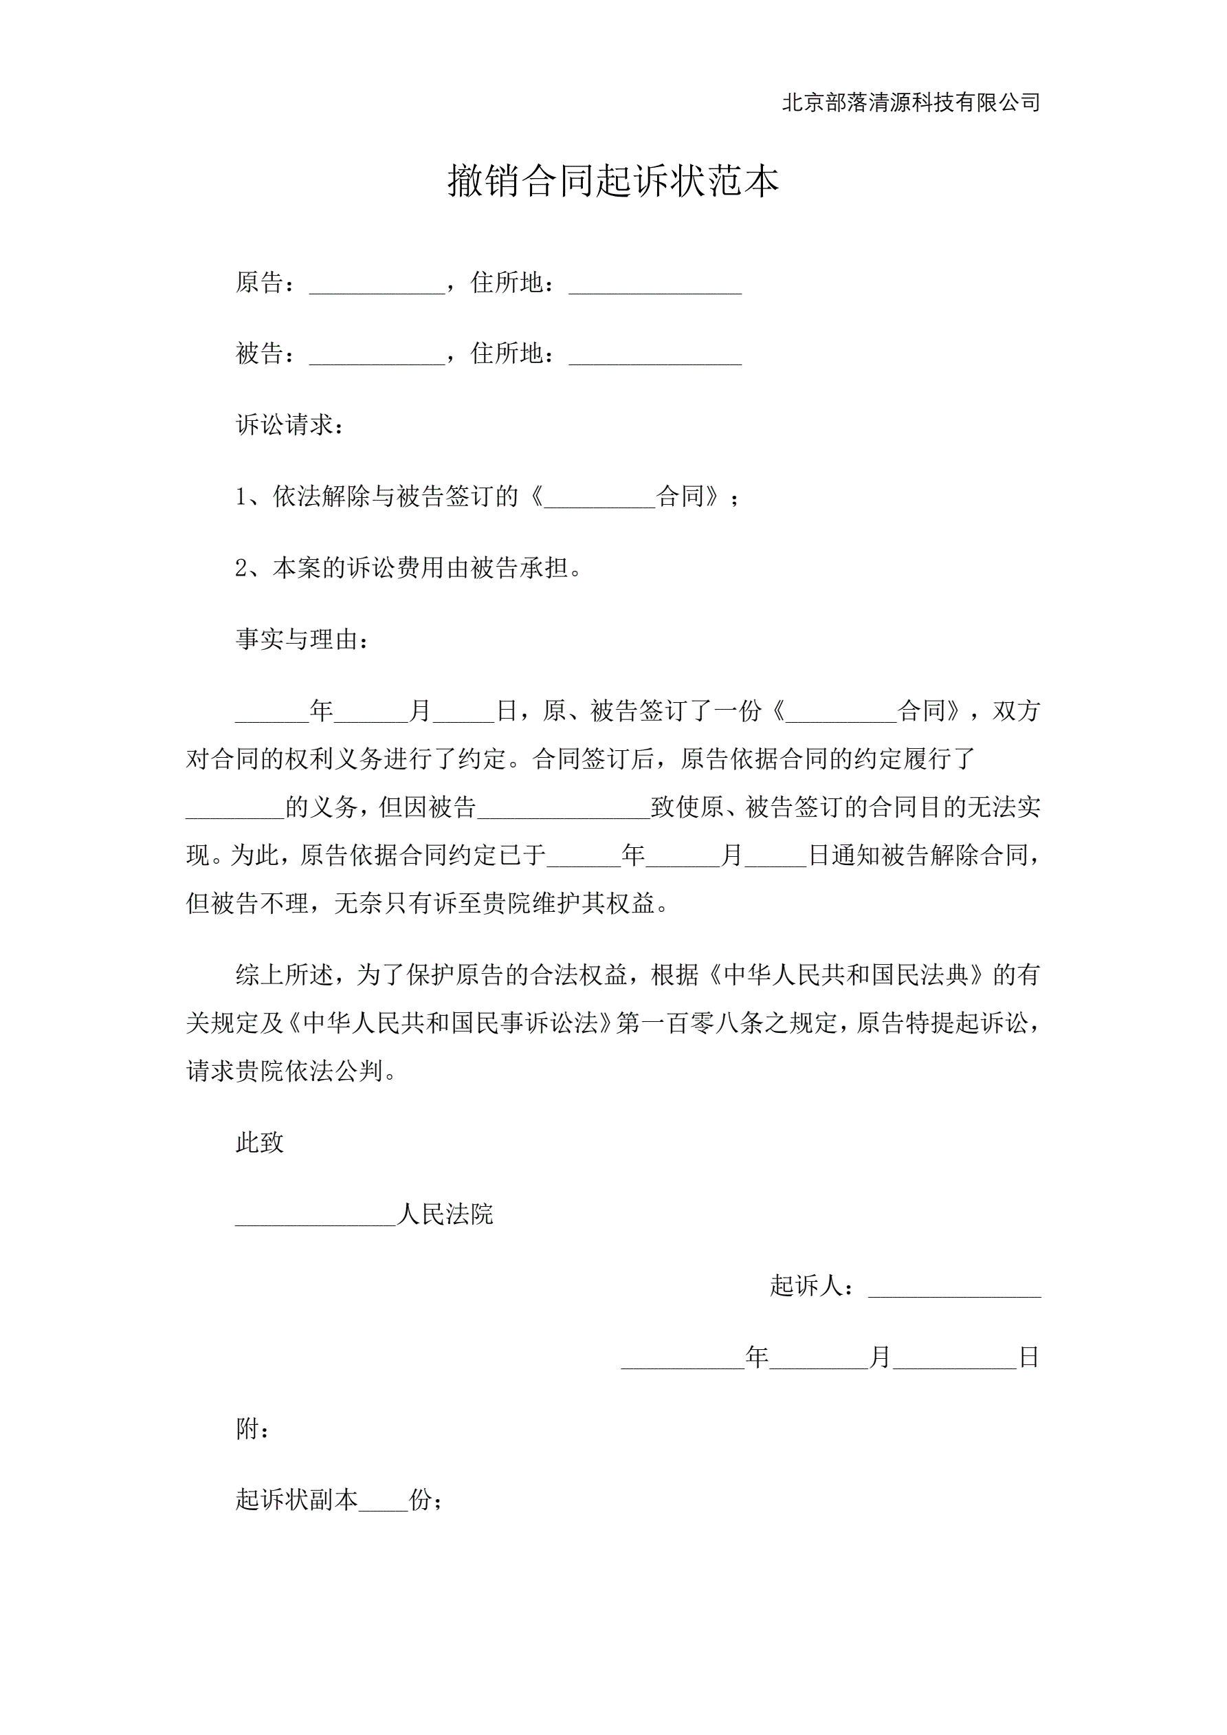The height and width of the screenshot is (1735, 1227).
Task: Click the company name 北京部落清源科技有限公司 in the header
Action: [910, 102]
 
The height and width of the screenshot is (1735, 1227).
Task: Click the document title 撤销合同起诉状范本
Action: [612, 182]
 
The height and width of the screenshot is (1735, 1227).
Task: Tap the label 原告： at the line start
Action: [264, 283]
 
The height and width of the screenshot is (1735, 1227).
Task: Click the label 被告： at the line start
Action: [264, 353]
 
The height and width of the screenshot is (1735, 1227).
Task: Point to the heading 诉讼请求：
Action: [291, 425]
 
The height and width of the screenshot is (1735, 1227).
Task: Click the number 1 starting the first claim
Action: [241, 497]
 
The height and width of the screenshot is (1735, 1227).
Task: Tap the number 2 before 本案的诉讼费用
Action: [242, 568]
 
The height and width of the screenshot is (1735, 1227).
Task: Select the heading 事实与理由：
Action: [303, 640]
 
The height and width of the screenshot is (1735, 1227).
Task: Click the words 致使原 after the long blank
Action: [686, 808]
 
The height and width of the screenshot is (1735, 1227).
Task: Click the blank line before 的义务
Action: [235, 813]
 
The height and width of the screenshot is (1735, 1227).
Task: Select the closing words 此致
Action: [260, 1142]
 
